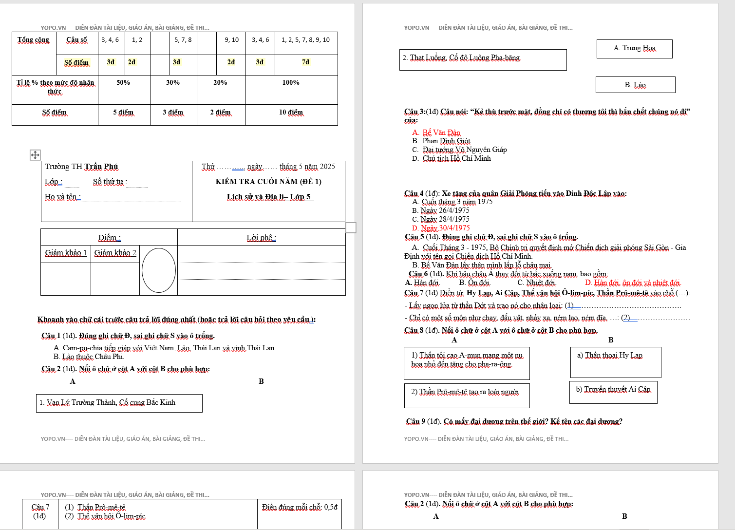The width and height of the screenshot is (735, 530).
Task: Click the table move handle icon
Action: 35,155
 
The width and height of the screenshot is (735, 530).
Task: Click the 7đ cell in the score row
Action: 306,62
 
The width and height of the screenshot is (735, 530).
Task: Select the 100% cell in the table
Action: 291,83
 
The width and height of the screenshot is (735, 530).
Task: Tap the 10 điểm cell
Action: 291,113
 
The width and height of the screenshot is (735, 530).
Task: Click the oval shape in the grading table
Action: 159,270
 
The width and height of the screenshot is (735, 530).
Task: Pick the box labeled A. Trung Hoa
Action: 634,48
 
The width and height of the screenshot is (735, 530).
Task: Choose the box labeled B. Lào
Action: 635,85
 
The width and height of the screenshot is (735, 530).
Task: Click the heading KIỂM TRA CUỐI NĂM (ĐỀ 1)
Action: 268,182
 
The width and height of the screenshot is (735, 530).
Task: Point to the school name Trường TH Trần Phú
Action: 81,167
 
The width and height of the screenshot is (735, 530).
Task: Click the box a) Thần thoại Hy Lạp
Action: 615,361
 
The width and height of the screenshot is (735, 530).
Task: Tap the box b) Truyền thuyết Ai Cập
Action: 613,392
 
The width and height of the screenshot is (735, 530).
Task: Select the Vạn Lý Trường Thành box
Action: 119,403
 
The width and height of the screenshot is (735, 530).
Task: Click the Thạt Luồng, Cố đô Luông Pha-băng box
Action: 482,59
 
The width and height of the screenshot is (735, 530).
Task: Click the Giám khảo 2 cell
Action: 115,253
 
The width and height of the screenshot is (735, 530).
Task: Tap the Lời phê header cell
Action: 261,238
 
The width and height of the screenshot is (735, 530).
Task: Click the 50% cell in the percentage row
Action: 123,83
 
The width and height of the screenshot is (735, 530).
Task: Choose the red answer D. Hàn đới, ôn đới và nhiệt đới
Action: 632,283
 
